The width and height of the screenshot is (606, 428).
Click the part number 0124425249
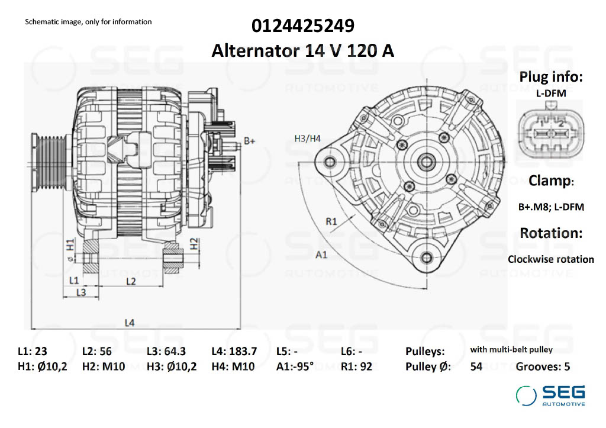(303, 26)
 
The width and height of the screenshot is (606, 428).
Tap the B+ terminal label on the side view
(250, 141)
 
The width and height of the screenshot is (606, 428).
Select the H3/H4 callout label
(307, 139)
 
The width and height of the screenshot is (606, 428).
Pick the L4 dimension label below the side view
(130, 323)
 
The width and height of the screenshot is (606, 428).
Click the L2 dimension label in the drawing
(131, 281)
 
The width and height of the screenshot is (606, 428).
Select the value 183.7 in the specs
(244, 350)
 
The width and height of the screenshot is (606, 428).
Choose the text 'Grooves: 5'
(543, 366)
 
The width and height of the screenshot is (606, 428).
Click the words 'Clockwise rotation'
(550, 259)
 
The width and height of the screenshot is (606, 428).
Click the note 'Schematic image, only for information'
(88, 22)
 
